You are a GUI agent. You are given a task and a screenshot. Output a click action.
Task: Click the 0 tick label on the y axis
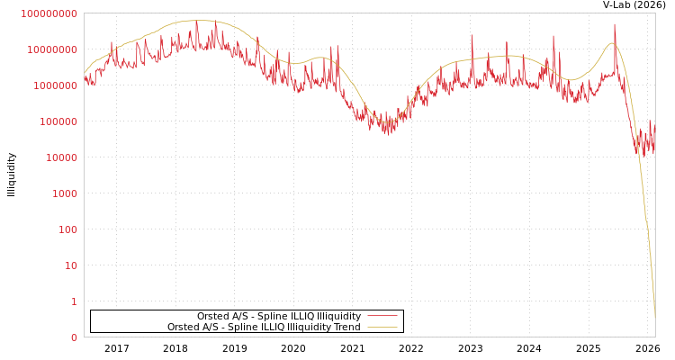[74, 337]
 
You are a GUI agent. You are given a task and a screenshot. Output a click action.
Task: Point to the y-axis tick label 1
[74, 301]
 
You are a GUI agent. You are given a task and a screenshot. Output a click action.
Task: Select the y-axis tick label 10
[70, 265]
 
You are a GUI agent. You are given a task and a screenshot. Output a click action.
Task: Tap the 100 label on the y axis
[67, 229]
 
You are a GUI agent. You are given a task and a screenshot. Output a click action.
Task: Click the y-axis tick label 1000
[65, 193]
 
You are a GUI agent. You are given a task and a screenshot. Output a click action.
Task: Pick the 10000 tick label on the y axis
[61, 157]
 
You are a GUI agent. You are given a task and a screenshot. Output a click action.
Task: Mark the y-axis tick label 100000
[58, 121]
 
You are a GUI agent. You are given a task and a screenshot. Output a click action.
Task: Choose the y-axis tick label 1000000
[55, 85]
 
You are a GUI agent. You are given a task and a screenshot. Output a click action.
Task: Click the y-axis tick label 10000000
[52, 49]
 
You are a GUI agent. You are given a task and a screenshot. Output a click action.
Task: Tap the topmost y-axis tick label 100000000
[49, 14]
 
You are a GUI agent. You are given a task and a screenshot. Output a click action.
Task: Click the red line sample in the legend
[382, 317]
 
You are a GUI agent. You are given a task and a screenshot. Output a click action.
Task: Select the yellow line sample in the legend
[382, 328]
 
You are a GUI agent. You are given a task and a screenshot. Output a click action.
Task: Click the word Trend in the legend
[346, 328]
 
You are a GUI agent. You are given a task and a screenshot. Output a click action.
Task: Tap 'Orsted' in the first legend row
[212, 317]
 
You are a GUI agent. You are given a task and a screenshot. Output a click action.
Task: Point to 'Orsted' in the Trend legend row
[183, 328]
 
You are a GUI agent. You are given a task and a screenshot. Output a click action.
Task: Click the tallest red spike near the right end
[615, 25]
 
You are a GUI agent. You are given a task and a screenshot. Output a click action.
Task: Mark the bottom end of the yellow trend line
[654, 317]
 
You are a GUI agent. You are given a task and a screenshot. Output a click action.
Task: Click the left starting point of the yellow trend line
[85, 72]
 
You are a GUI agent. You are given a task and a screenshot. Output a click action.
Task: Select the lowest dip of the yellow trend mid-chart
[387, 122]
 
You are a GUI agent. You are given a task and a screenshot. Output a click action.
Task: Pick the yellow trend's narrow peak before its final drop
[612, 43]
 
